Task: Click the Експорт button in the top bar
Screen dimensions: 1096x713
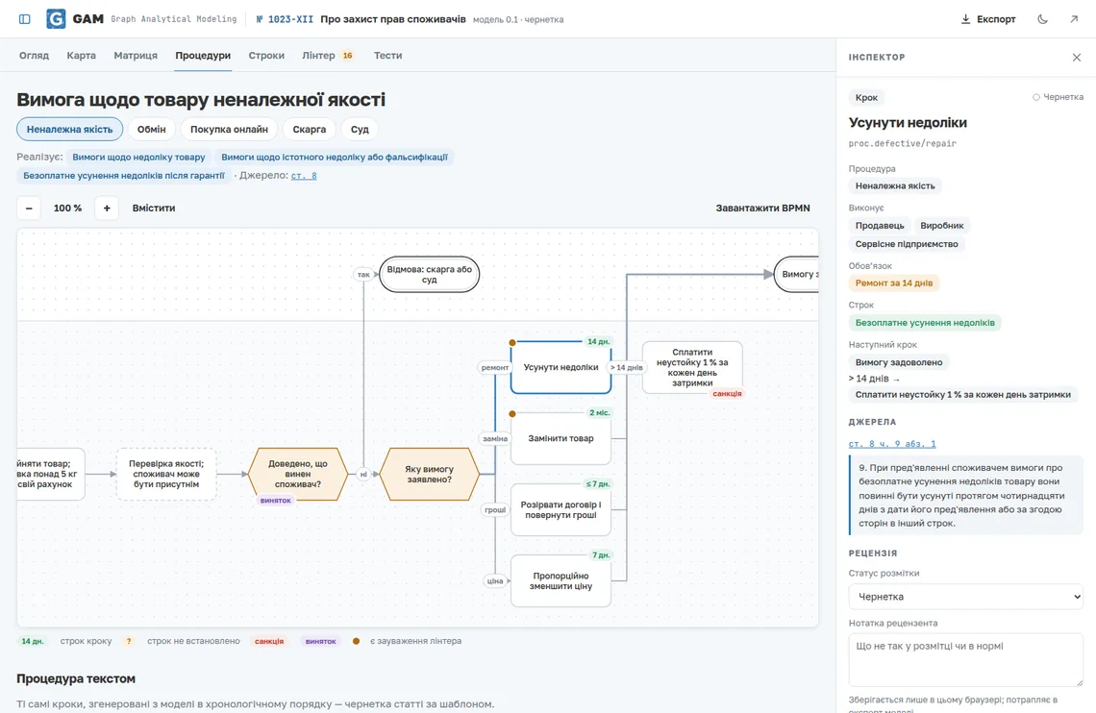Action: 987,19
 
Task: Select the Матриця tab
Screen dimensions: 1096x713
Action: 136,55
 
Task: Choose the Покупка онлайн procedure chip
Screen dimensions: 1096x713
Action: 229,129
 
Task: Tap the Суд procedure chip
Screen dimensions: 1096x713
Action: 360,129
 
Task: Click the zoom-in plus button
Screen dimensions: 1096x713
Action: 107,209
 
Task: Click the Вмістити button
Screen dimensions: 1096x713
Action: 154,209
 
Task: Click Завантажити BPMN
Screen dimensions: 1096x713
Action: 762,209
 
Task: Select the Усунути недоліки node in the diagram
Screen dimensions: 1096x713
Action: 560,367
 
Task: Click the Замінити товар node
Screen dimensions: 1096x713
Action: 560,438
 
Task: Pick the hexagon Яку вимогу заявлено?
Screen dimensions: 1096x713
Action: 429,474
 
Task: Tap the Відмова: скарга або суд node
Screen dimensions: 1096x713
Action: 429,275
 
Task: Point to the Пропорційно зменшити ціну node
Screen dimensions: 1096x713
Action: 560,581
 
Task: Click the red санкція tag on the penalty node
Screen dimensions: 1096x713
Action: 727,394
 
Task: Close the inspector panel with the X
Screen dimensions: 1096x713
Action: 1077,58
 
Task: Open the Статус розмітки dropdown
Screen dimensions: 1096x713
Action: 966,597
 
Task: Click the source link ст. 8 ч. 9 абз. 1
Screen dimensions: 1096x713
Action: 892,443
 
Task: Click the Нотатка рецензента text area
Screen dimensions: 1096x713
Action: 966,660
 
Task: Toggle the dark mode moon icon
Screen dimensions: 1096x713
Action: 1042,19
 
